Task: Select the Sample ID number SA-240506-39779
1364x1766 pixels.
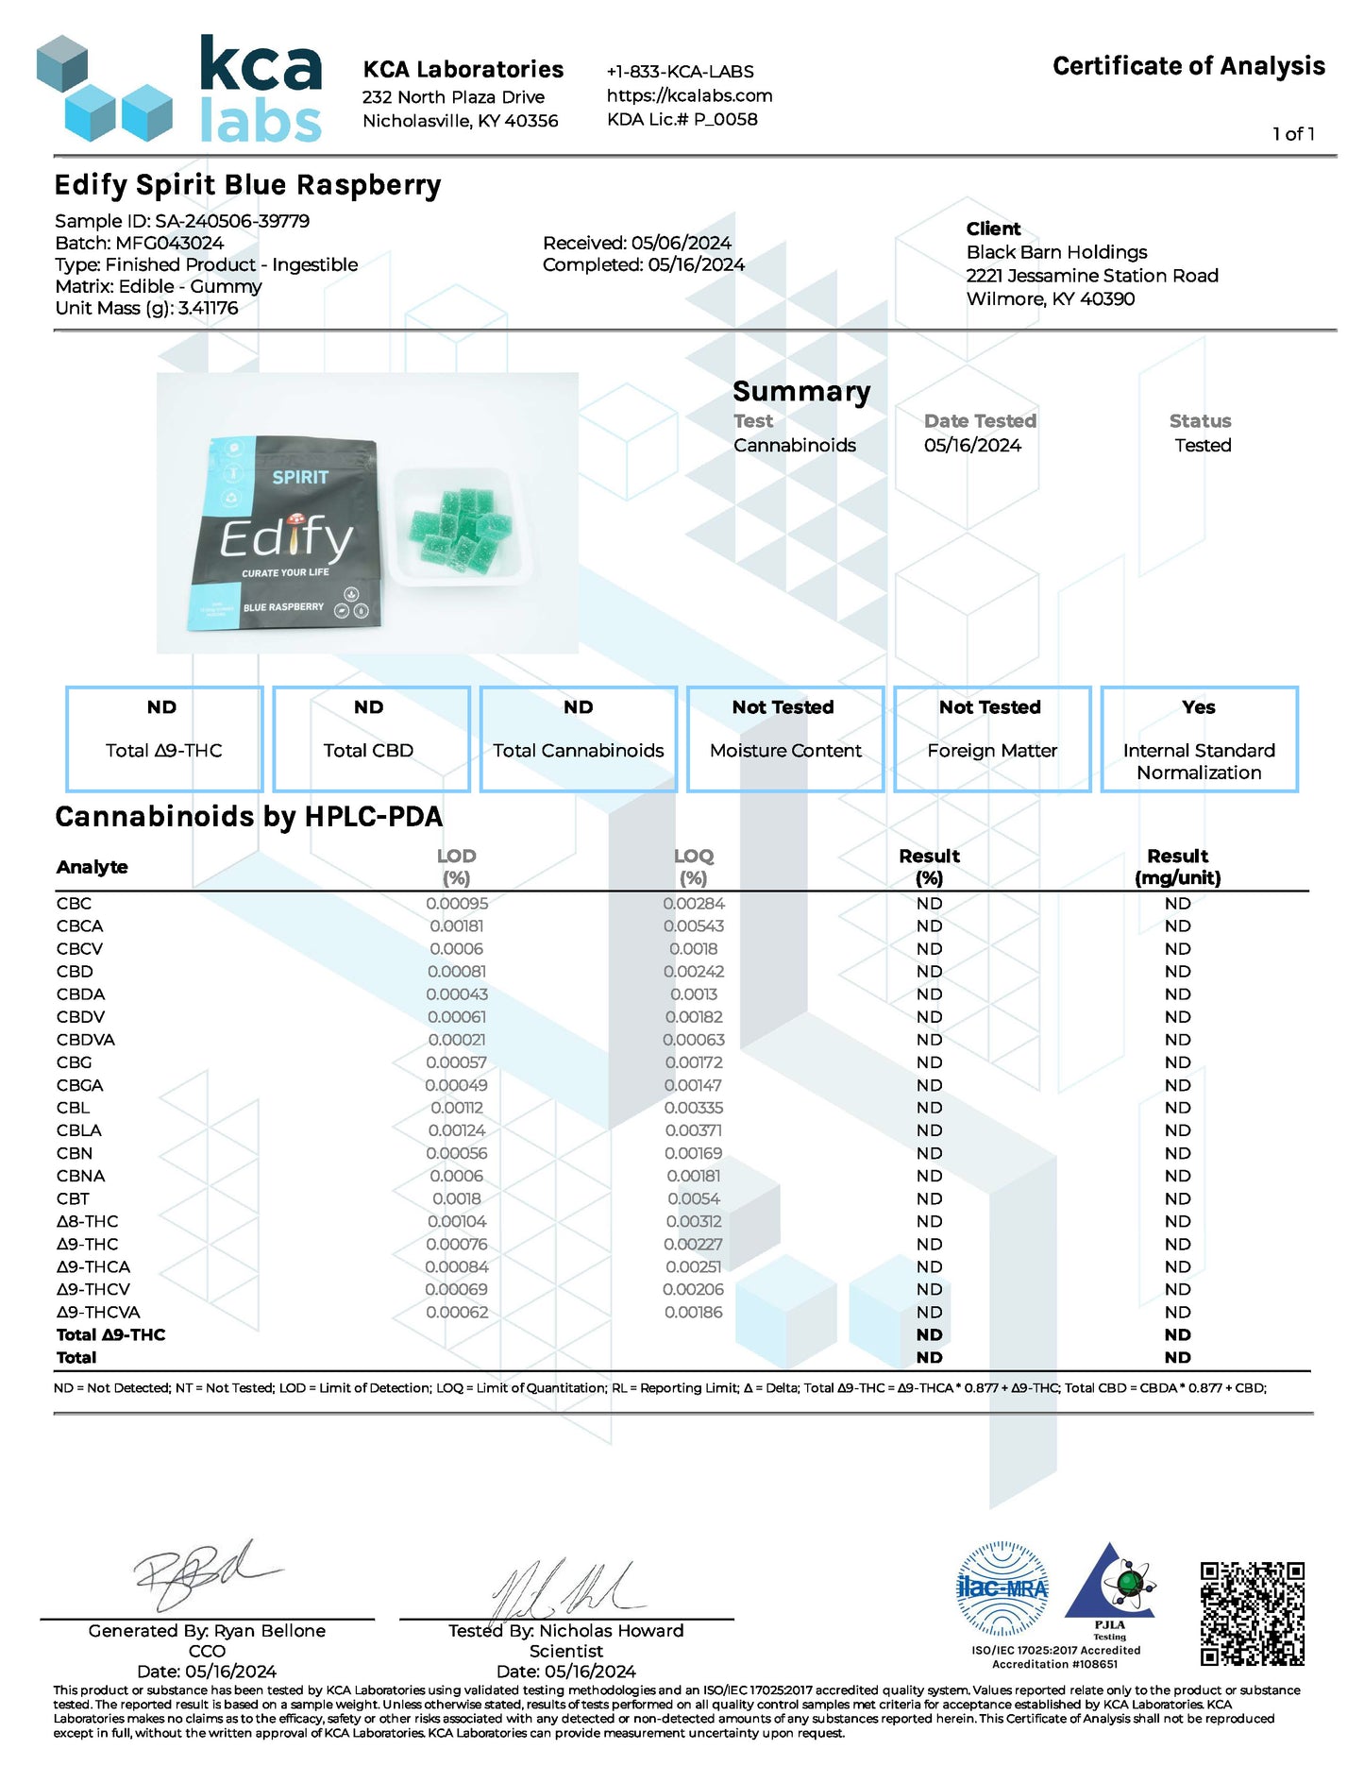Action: (x=232, y=221)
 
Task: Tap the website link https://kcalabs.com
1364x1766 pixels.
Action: (x=689, y=95)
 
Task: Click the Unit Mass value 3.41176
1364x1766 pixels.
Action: (x=208, y=308)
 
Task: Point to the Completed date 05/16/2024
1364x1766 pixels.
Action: (x=696, y=265)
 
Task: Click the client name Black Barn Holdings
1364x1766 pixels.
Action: (x=1056, y=252)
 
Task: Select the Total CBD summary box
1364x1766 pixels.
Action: (x=371, y=739)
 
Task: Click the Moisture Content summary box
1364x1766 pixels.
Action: (x=785, y=739)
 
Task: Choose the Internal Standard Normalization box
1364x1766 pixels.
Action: (x=1199, y=739)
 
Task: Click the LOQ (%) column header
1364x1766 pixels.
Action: (x=693, y=866)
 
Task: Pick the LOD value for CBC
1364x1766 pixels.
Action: (x=457, y=904)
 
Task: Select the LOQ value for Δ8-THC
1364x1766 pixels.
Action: (x=693, y=1222)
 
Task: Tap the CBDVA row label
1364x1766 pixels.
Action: (x=86, y=1040)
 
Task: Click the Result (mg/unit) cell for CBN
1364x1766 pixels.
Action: (x=1177, y=1153)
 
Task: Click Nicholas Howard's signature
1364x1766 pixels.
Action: (x=566, y=1588)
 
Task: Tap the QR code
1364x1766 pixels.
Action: (x=1252, y=1614)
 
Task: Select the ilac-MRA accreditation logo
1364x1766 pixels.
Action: (x=1002, y=1588)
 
